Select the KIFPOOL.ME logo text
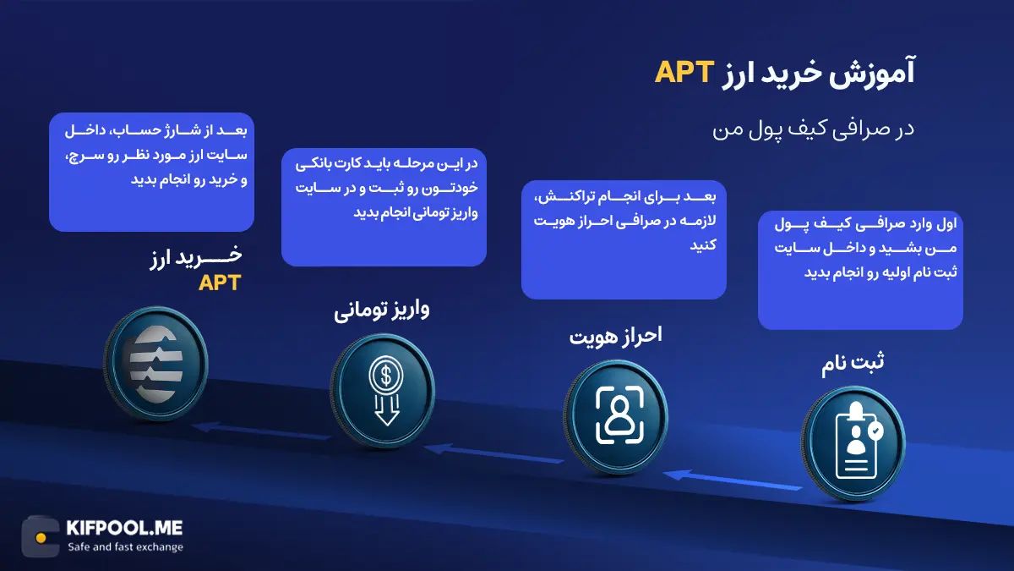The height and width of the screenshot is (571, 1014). [x=123, y=529]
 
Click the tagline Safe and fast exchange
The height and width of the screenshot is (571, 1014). [x=125, y=547]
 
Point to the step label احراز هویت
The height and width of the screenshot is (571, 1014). [x=614, y=335]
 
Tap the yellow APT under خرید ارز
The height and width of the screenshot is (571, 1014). [x=219, y=283]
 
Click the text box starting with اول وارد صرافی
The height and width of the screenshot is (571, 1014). [x=860, y=271]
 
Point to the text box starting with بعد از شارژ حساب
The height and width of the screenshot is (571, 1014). [x=152, y=172]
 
